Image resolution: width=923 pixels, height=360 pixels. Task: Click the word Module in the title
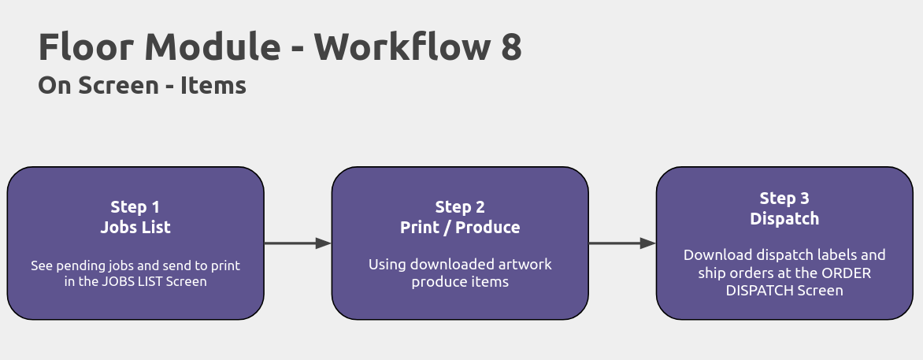pyautogui.click(x=213, y=47)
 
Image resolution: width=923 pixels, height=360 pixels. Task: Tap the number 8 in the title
pyautogui.click(x=512, y=47)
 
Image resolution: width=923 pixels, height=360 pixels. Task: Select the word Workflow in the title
pyautogui.click(x=402, y=47)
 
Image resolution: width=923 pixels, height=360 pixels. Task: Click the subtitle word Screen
pyautogui.click(x=118, y=86)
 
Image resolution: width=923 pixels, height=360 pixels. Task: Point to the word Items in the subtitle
pyautogui.click(x=213, y=86)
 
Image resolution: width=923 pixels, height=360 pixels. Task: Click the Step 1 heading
pyautogui.click(x=135, y=207)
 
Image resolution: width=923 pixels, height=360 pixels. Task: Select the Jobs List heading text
pyautogui.click(x=135, y=228)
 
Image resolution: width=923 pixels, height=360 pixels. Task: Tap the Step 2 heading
pyautogui.click(x=461, y=207)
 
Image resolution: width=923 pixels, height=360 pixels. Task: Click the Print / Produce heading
pyautogui.click(x=461, y=228)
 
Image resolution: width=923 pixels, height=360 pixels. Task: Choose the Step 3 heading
pyautogui.click(x=784, y=199)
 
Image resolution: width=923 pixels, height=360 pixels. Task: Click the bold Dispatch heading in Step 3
pyautogui.click(x=784, y=218)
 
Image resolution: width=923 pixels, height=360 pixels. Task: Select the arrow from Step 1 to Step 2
pyautogui.click(x=298, y=243)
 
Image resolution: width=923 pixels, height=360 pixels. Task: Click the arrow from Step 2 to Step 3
pyautogui.click(x=622, y=243)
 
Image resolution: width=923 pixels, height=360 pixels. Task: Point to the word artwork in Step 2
pyautogui.click(x=525, y=264)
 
